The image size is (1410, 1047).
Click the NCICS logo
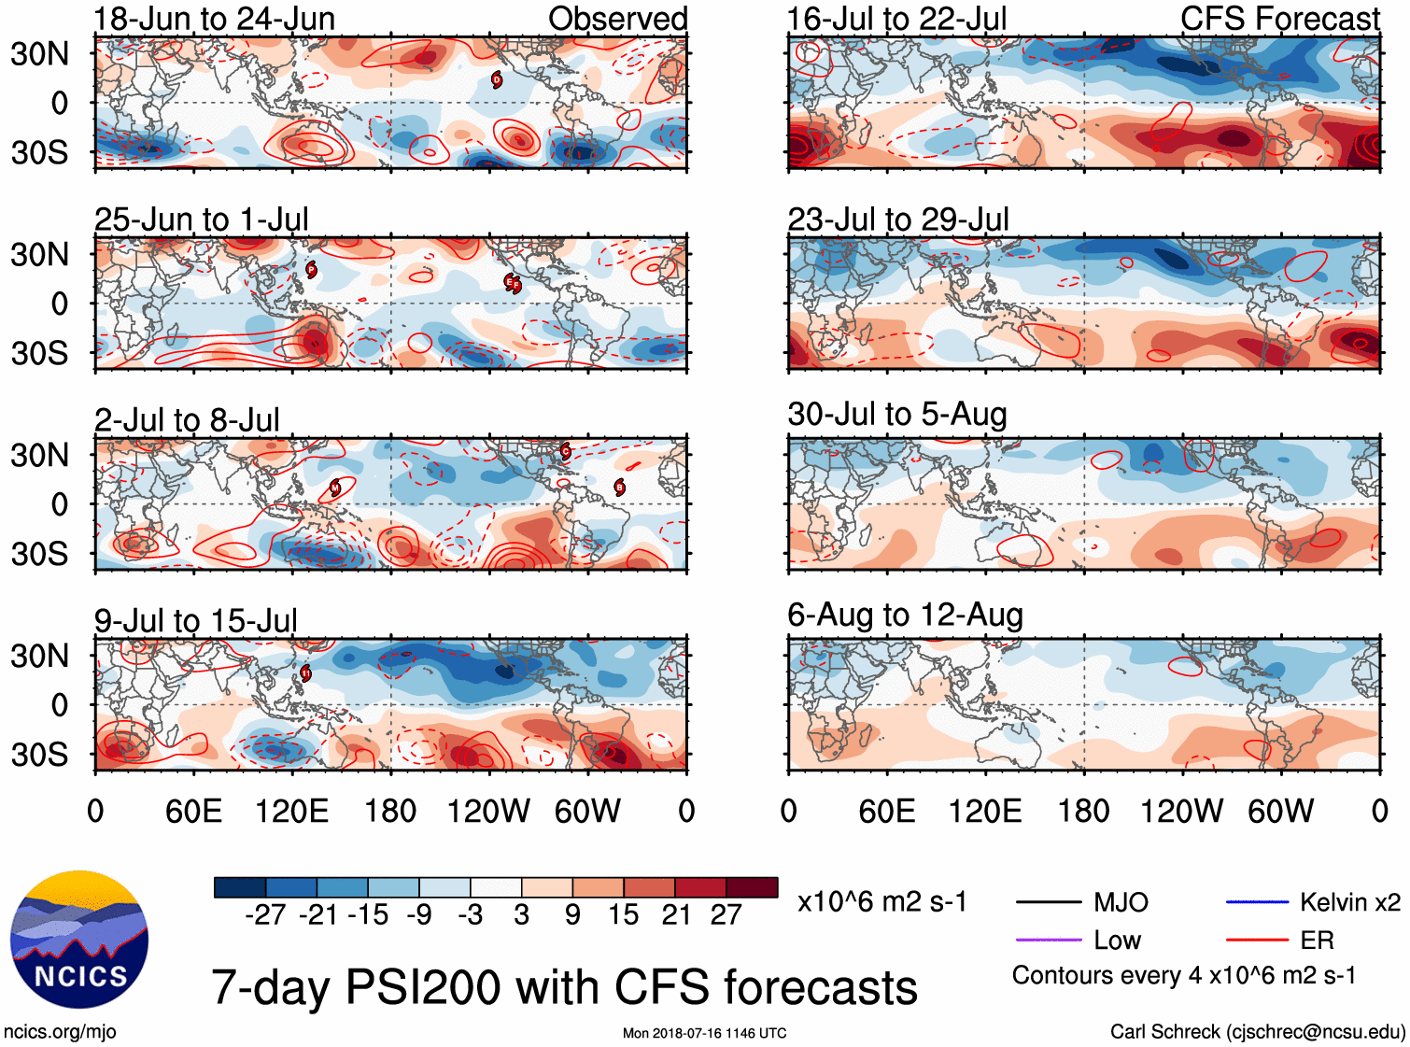pyautogui.click(x=79, y=940)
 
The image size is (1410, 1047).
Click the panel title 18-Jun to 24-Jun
pyautogui.click(x=214, y=19)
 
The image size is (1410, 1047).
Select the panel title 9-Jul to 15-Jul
pyautogui.click(x=196, y=620)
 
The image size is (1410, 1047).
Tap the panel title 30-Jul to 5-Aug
pyautogui.click(x=896, y=414)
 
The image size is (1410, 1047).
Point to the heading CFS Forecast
pyautogui.click(x=1279, y=19)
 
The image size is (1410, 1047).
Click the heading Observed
pyautogui.click(x=617, y=19)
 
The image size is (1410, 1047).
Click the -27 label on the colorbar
pyautogui.click(x=265, y=915)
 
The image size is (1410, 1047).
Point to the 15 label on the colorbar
pyautogui.click(x=623, y=915)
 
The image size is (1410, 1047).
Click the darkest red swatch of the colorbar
pyautogui.click(x=752, y=887)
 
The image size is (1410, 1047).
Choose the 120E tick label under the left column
pyautogui.click(x=292, y=811)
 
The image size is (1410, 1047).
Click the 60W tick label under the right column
pyautogui.click(x=1280, y=811)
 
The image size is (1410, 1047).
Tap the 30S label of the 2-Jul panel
pyautogui.click(x=39, y=554)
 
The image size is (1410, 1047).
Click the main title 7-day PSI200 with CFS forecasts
pyautogui.click(x=564, y=987)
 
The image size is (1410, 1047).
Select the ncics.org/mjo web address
pyautogui.click(x=60, y=1031)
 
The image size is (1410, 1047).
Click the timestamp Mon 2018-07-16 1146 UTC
pyautogui.click(x=704, y=1033)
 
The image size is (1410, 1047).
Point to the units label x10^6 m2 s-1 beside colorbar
pyautogui.click(x=881, y=902)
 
